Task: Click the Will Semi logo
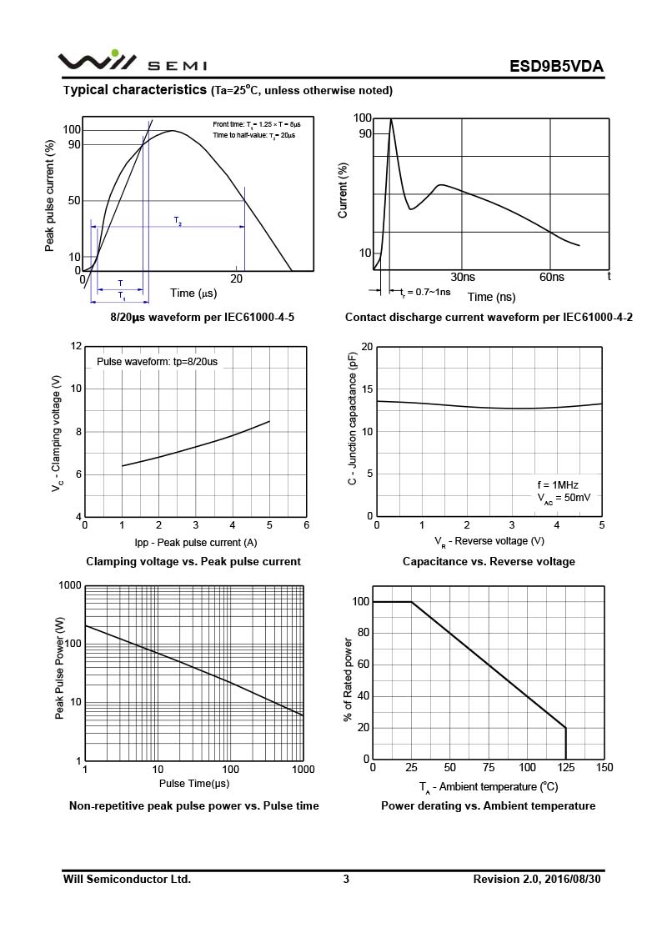click(x=112, y=63)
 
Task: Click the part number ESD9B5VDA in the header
click(x=556, y=67)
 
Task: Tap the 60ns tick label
click(x=552, y=277)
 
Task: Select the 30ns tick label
click(x=463, y=277)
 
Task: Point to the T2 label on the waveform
click(x=178, y=221)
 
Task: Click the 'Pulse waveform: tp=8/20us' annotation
click(x=157, y=362)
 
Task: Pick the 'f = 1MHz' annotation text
click(x=558, y=484)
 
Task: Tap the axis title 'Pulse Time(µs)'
click(x=194, y=784)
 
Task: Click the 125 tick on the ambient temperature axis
click(x=566, y=768)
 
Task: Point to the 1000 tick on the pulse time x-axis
click(x=303, y=769)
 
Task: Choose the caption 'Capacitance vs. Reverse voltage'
click(x=489, y=562)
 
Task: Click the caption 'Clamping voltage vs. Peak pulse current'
click(x=193, y=562)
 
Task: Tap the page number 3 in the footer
click(x=346, y=879)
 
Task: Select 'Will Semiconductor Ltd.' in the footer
click(x=127, y=879)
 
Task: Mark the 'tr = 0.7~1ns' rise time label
click(x=425, y=292)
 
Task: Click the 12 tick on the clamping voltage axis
click(x=77, y=346)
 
